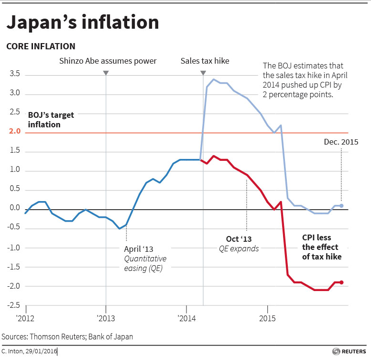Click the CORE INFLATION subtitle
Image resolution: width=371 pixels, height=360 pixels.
point(41,46)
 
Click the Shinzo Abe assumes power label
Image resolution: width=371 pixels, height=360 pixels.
point(108,61)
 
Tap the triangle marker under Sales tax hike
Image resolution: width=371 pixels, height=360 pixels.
point(203,73)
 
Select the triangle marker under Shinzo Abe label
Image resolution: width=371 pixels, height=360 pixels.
point(106,73)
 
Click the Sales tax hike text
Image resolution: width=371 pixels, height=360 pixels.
point(205,61)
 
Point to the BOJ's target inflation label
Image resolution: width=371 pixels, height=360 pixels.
point(41,119)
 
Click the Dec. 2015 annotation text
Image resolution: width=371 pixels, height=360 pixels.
point(341,142)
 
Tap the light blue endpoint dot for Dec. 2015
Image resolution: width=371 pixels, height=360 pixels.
point(341,206)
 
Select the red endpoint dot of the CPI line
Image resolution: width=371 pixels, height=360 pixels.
point(341,282)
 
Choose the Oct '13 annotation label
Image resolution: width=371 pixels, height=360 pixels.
point(239,238)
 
